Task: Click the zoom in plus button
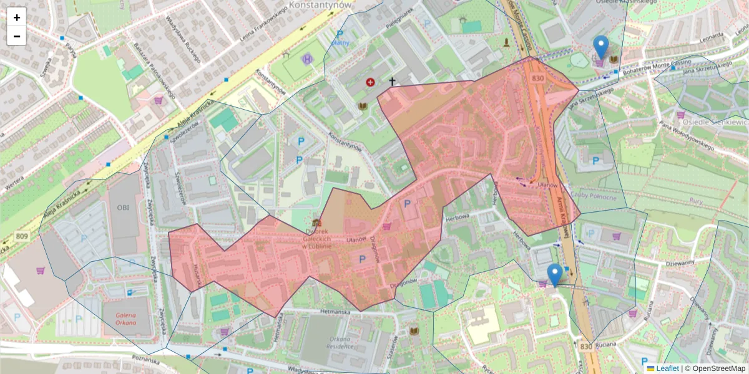point(17,17)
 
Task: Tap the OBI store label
point(122,208)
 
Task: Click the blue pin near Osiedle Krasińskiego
point(600,47)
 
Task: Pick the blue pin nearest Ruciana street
point(554,275)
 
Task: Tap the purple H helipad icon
point(307,59)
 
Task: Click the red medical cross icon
point(371,82)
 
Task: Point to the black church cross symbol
point(392,81)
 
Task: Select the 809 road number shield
point(22,236)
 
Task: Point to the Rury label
point(696,201)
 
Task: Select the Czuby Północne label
point(598,198)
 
